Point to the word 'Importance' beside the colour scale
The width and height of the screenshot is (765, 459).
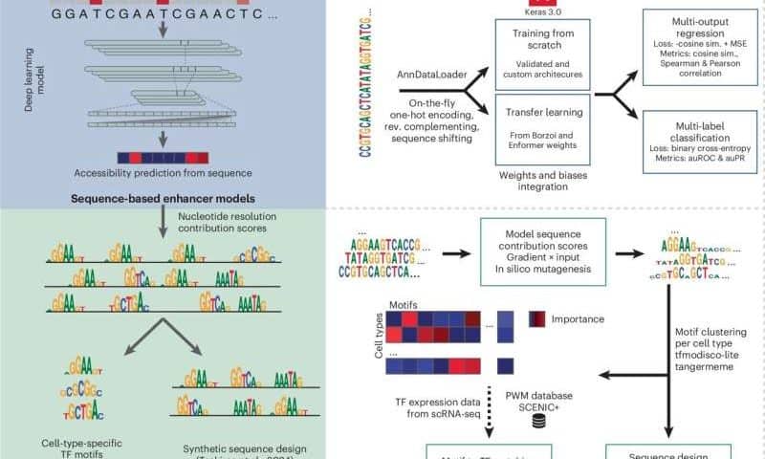tap(586, 318)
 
